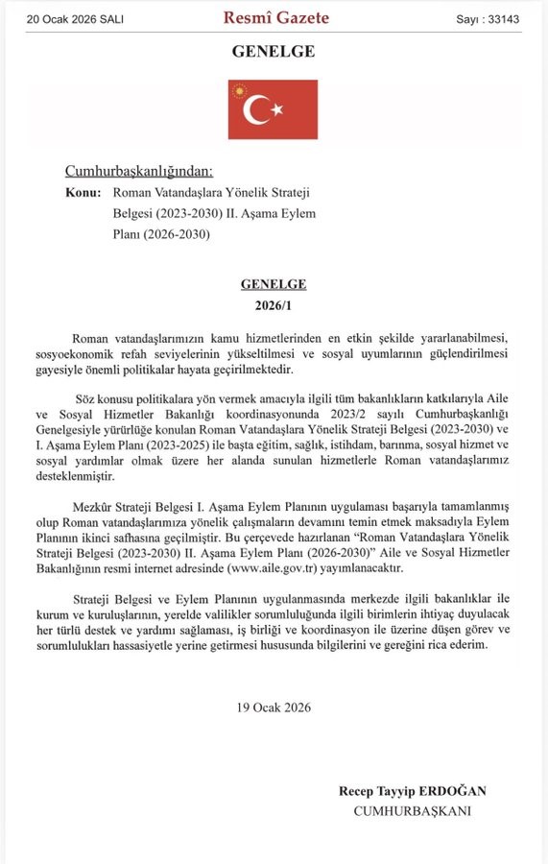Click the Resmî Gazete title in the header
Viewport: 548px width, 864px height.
[275, 17]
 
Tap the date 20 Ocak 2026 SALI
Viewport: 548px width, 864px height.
[75, 18]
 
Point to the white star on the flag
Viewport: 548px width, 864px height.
[277, 109]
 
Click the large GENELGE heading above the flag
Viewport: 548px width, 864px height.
[273, 51]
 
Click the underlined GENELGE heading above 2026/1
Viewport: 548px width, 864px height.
[274, 284]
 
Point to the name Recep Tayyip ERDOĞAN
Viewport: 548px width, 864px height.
[413, 791]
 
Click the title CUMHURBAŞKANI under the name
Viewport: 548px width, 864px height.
[413, 810]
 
